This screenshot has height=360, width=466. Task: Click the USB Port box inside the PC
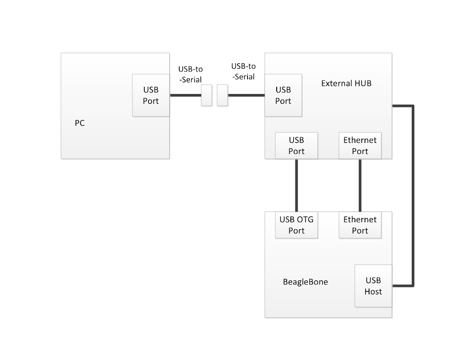(x=151, y=95)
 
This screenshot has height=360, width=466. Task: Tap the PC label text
(x=80, y=123)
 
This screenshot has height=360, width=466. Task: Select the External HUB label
(x=346, y=83)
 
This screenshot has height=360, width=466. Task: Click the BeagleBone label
(x=305, y=282)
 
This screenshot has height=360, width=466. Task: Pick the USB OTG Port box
(x=296, y=225)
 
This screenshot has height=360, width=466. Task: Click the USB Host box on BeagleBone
(x=373, y=286)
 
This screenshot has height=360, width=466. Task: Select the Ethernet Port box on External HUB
(x=360, y=145)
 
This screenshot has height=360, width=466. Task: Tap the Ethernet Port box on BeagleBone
(x=360, y=225)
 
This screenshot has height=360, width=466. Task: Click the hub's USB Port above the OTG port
(x=296, y=145)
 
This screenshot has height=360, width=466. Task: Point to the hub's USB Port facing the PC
(x=283, y=95)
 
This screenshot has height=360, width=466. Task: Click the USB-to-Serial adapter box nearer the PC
(x=206, y=95)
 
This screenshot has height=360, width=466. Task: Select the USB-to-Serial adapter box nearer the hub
(x=222, y=95)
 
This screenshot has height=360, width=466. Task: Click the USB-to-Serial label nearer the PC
(x=190, y=74)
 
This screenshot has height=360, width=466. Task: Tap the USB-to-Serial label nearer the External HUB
(x=243, y=71)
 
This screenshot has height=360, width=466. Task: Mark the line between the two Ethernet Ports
(x=360, y=185)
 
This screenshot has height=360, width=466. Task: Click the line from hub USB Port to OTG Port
(x=296, y=185)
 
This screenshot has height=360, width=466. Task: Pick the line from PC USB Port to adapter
(x=185, y=95)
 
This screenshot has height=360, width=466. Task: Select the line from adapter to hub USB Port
(x=246, y=95)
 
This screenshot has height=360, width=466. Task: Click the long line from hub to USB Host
(x=413, y=196)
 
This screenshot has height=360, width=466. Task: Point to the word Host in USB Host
(x=373, y=291)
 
